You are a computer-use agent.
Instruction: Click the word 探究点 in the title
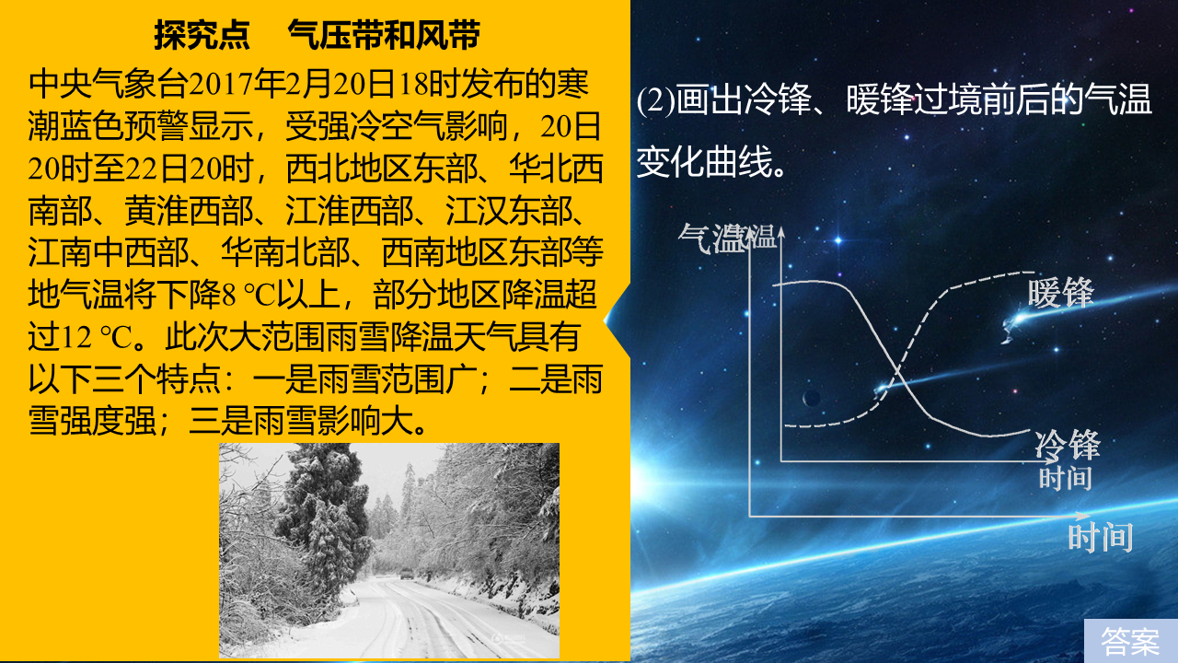(202, 36)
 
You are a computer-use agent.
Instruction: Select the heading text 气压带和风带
(384, 36)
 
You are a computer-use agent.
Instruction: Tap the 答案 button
(1131, 641)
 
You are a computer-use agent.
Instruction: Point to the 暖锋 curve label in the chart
(1061, 293)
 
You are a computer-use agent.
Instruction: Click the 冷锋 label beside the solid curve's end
(1068, 445)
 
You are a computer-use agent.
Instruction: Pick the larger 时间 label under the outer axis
(1101, 537)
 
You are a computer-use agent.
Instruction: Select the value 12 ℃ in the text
(97, 337)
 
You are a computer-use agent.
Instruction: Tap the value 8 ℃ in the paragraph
(248, 296)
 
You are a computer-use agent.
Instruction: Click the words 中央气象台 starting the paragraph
(108, 85)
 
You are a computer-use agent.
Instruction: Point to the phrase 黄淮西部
(189, 211)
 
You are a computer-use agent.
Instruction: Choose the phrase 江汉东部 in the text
(509, 211)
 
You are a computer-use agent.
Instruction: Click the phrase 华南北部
(285, 253)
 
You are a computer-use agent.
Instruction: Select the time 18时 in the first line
(430, 85)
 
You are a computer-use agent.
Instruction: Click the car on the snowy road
(406, 573)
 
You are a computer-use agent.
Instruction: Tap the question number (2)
(656, 100)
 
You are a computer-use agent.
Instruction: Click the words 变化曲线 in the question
(705, 161)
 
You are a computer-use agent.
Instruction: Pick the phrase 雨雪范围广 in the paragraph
(397, 379)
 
